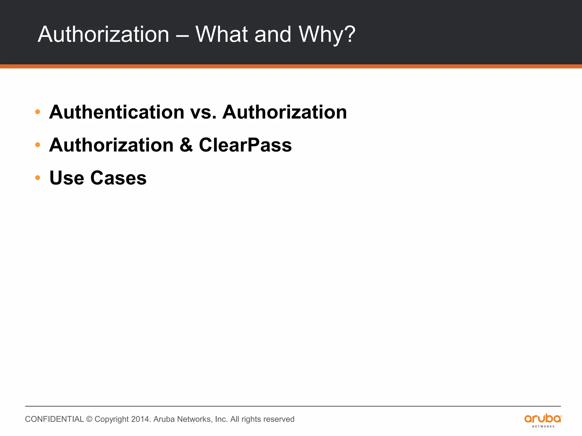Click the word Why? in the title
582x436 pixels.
coord(327,35)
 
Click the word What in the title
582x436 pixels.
coord(222,35)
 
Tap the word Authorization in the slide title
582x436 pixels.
coord(103,35)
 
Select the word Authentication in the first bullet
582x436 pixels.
coord(117,112)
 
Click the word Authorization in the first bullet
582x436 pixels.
coord(284,112)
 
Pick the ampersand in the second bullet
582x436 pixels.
coord(186,145)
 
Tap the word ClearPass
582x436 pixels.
coord(245,145)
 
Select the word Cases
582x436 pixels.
coord(118,178)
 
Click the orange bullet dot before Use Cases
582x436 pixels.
coord(38,178)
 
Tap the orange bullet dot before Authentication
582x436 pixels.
coord(38,112)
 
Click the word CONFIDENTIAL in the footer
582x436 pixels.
coord(54,419)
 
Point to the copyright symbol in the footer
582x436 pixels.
coord(89,419)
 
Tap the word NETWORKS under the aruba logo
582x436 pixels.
coord(543,427)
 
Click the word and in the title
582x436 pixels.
coord(273,35)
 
